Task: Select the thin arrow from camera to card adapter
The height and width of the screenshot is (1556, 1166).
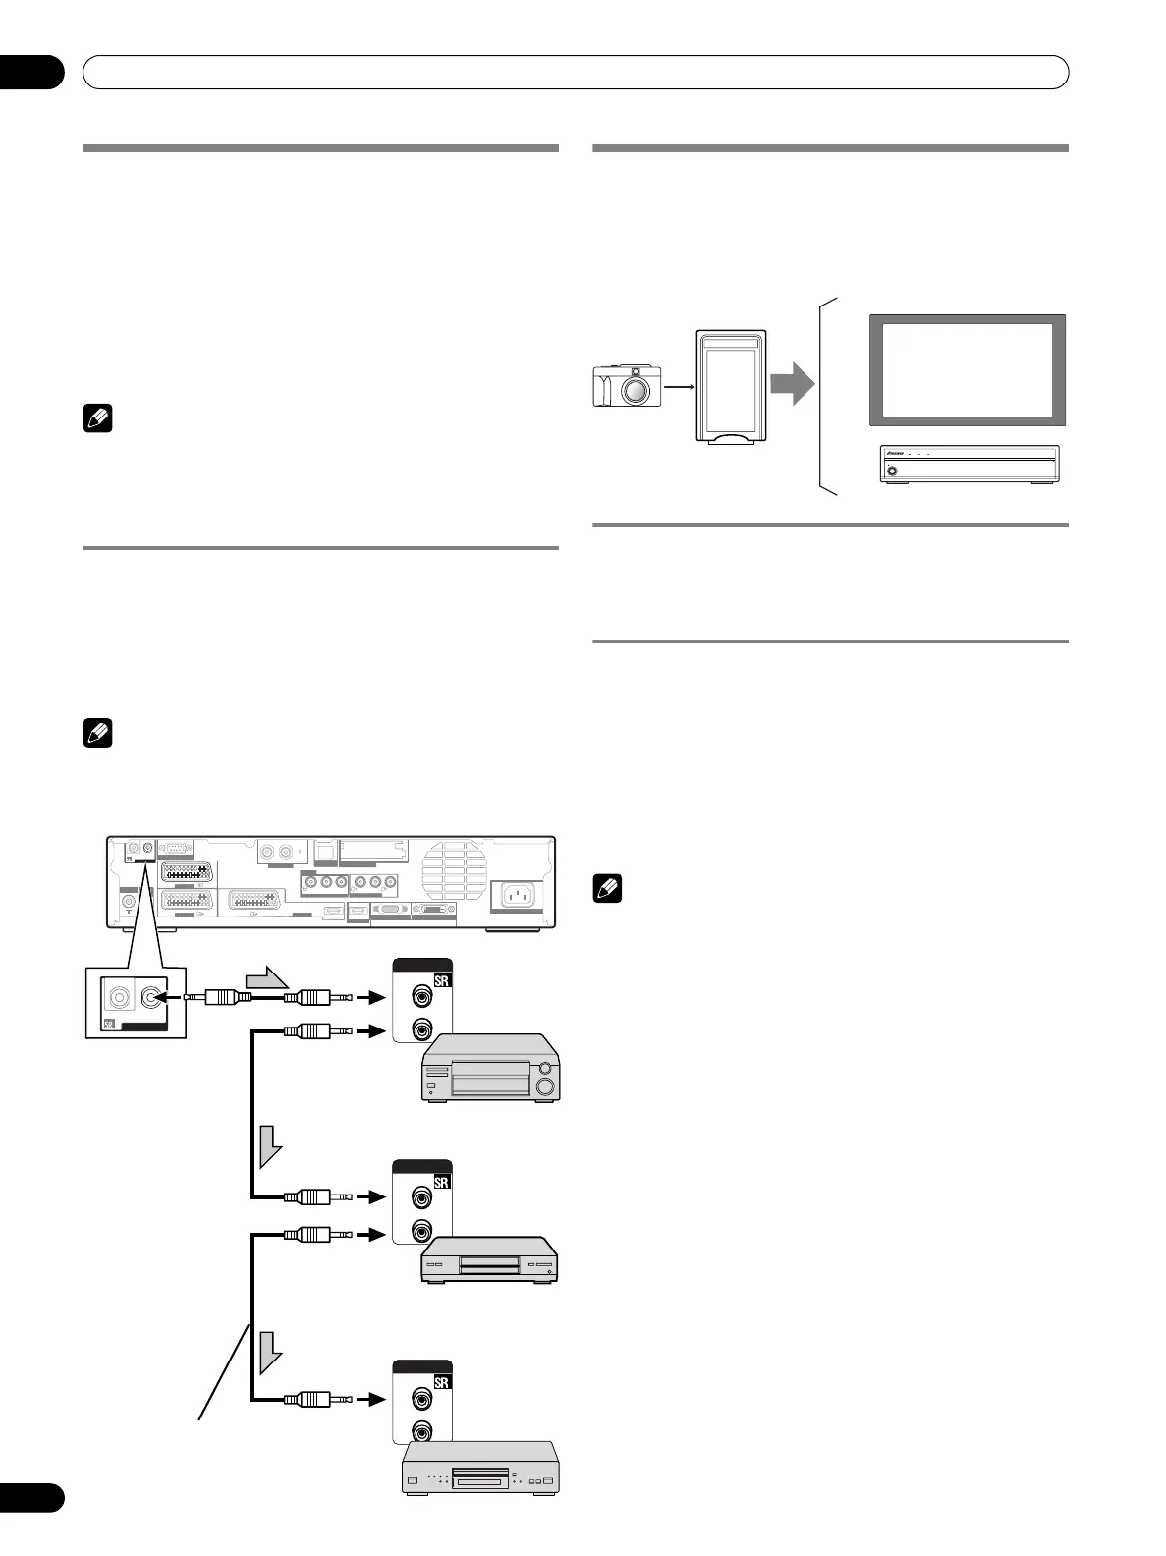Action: point(679,388)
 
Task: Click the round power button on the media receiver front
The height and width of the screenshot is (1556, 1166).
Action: point(892,471)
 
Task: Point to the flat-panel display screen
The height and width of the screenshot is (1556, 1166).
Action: point(967,370)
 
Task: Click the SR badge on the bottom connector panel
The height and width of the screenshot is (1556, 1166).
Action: point(441,1383)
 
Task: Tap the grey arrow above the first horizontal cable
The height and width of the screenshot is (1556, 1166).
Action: point(265,978)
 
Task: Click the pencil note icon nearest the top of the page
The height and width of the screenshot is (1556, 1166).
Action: point(99,419)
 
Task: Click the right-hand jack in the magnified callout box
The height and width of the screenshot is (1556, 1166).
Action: point(149,998)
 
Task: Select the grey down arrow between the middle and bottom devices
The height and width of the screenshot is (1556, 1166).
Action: point(270,1355)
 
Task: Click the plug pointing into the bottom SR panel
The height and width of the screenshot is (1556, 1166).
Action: point(315,1399)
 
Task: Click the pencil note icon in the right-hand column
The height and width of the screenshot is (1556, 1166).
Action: point(608,890)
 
